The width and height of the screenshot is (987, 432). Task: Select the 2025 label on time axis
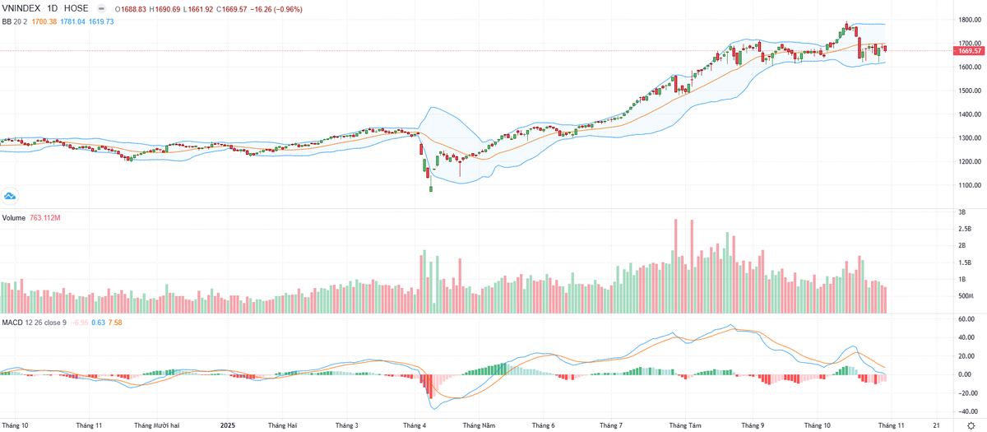pyautogui.click(x=228, y=426)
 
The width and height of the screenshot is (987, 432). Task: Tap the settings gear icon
pyautogui.click(x=970, y=426)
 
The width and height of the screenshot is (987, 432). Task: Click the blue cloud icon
pyautogui.click(x=11, y=195)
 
